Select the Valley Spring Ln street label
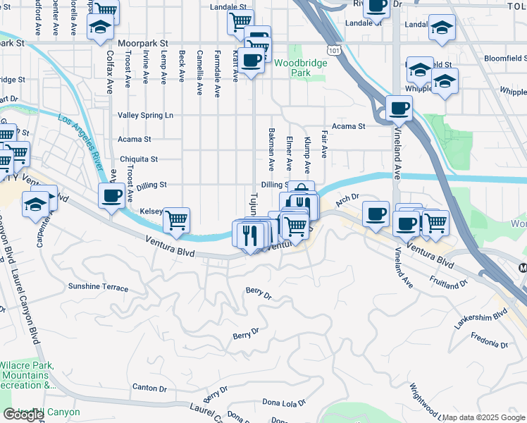[x=145, y=115]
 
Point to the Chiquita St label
[x=138, y=159]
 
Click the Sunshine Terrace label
[x=98, y=288]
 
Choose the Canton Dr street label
[x=149, y=388]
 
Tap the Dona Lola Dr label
[x=284, y=403]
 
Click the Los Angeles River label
[x=77, y=140]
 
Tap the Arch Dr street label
[x=347, y=199]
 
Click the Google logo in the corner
[x=23, y=415]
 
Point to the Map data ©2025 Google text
[x=483, y=417]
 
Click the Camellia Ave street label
[x=199, y=73]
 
